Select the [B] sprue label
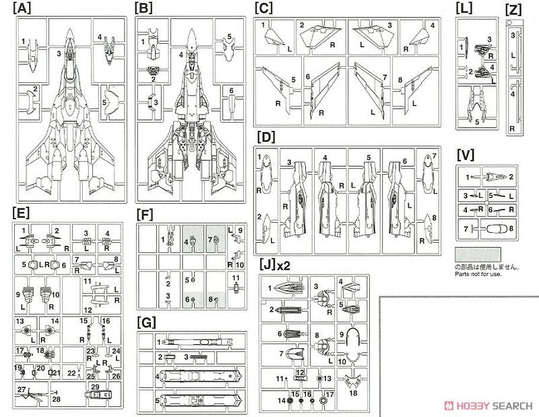[x=144, y=9]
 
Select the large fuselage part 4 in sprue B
[x=191, y=115]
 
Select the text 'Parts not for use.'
[x=480, y=273]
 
